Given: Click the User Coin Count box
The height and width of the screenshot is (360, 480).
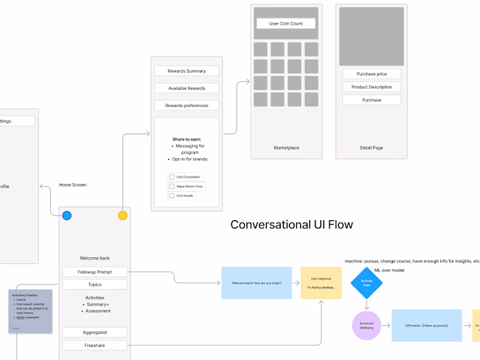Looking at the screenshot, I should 286,23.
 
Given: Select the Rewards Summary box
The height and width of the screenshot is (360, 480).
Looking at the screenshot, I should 187,71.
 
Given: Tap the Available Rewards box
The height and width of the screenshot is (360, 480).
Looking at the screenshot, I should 187,88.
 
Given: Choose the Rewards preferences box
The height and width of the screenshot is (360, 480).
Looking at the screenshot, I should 187,106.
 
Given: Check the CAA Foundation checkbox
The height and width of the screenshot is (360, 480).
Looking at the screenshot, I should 172,177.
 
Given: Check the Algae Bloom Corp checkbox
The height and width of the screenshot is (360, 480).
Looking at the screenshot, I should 172,187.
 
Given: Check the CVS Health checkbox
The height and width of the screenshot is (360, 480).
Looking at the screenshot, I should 172,195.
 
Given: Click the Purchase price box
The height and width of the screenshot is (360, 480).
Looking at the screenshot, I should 372,74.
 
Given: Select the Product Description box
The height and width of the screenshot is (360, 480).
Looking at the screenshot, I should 372,87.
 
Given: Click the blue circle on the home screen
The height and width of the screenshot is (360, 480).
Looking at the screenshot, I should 67,215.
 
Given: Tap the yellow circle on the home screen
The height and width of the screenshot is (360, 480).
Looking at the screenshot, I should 123,215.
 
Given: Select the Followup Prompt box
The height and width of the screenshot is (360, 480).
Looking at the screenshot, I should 95,272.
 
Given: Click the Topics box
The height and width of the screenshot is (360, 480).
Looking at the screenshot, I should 95,285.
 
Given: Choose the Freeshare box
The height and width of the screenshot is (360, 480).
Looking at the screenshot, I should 95,346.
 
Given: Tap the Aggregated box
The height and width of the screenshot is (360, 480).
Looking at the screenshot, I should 95,332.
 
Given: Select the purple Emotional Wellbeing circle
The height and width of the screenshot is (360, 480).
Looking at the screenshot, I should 366,325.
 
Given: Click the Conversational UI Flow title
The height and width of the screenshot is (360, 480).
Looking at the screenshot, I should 291,225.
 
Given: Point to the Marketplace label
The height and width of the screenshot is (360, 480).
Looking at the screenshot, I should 286,148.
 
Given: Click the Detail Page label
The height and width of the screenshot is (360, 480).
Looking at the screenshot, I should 372,148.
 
